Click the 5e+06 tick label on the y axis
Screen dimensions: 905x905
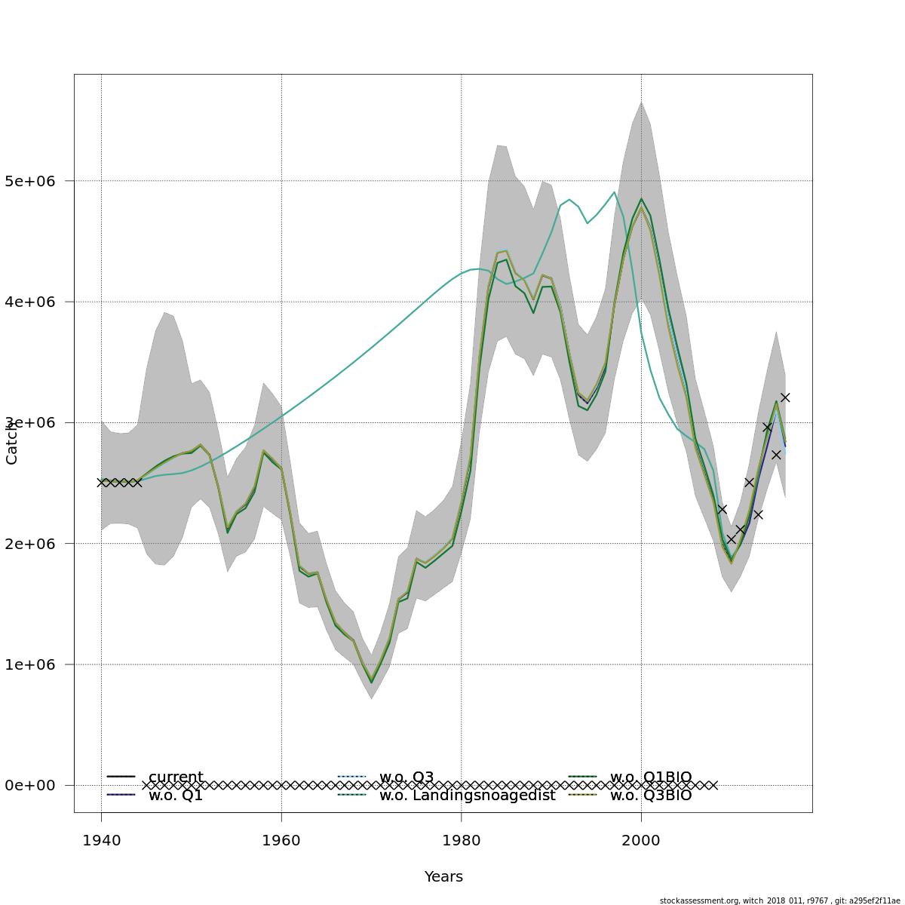tap(35, 181)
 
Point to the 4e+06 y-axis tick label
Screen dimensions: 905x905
tap(35, 302)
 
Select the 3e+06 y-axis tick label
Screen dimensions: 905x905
tap(35, 422)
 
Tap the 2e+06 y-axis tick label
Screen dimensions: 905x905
tap(35, 543)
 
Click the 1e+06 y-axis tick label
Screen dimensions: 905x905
tap(35, 664)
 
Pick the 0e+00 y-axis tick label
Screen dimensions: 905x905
tap(35, 785)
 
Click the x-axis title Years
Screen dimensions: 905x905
tap(443, 877)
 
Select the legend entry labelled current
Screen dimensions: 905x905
tap(176, 777)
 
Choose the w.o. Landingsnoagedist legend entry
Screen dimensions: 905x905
tap(467, 795)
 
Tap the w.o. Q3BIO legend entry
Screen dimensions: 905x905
tap(650, 795)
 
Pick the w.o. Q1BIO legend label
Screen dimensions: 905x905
tap(650, 777)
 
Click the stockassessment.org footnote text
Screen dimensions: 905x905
tap(780, 900)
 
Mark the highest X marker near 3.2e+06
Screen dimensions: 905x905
tap(785, 397)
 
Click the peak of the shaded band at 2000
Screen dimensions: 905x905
tap(641, 102)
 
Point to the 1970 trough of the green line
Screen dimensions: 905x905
tap(371, 683)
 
